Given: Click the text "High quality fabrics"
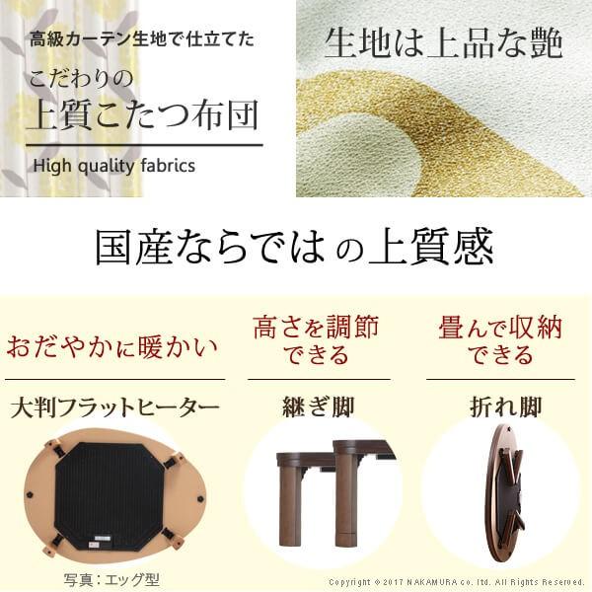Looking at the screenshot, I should (x=113, y=166).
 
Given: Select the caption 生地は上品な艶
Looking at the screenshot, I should (x=443, y=44).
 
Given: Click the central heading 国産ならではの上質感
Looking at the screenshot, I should (x=294, y=249).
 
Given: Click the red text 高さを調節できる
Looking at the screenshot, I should (x=315, y=340).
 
